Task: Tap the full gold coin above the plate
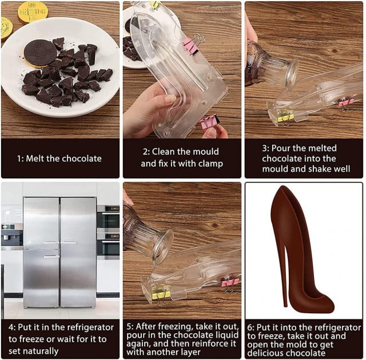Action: point(33,11)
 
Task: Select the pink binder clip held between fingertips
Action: point(210,122)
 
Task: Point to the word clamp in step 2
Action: point(210,164)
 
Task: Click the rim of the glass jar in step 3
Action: point(292,74)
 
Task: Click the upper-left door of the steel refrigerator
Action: point(41,223)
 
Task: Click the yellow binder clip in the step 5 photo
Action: point(161,295)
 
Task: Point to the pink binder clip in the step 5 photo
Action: point(230,281)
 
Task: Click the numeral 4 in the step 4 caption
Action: point(11,327)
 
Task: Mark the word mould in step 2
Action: point(206,152)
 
